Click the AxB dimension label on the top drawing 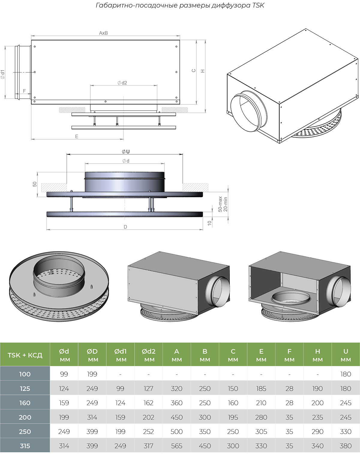(x=103, y=33)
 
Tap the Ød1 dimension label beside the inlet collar (x=3, y=74)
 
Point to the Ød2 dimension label (x=122, y=83)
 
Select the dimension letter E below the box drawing (x=76, y=137)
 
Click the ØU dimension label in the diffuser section (x=126, y=152)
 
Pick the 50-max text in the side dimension (x=220, y=204)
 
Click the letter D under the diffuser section (x=125, y=227)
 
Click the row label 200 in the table (x=25, y=417)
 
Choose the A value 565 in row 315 (x=176, y=446)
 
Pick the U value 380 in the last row (x=346, y=446)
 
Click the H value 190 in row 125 (x=317, y=389)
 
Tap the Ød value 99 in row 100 (x=64, y=374)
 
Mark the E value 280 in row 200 (x=261, y=417)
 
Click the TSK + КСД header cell (x=25, y=355)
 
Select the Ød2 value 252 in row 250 (x=148, y=432)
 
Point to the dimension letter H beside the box (x=203, y=71)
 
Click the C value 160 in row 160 (x=233, y=403)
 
